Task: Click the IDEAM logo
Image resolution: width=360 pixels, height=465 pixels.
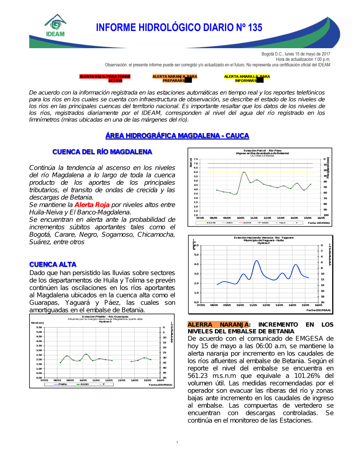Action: pos(55,26)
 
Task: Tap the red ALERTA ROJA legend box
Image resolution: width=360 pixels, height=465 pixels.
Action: pos(105,78)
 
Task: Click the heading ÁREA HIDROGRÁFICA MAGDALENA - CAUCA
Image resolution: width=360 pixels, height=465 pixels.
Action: pos(177,136)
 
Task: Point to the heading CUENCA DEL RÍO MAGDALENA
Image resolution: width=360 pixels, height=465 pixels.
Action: pos(102,152)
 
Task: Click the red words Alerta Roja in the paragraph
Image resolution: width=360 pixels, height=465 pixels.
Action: pos(92,205)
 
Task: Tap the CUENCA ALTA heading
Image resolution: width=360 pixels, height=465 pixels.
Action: pos(53,264)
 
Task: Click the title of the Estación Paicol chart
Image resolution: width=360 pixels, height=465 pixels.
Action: pos(262,152)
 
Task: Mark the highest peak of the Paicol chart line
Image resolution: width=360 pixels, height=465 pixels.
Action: pos(244,172)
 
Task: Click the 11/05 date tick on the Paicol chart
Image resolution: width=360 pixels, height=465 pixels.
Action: pos(254,218)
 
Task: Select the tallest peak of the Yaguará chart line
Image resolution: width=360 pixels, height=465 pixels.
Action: pos(256,261)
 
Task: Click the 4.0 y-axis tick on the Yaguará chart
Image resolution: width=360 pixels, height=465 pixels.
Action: pos(196,264)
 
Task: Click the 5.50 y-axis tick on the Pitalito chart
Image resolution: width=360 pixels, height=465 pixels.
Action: pos(39,327)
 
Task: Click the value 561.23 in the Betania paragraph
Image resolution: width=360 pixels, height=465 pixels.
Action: pos(198,376)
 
